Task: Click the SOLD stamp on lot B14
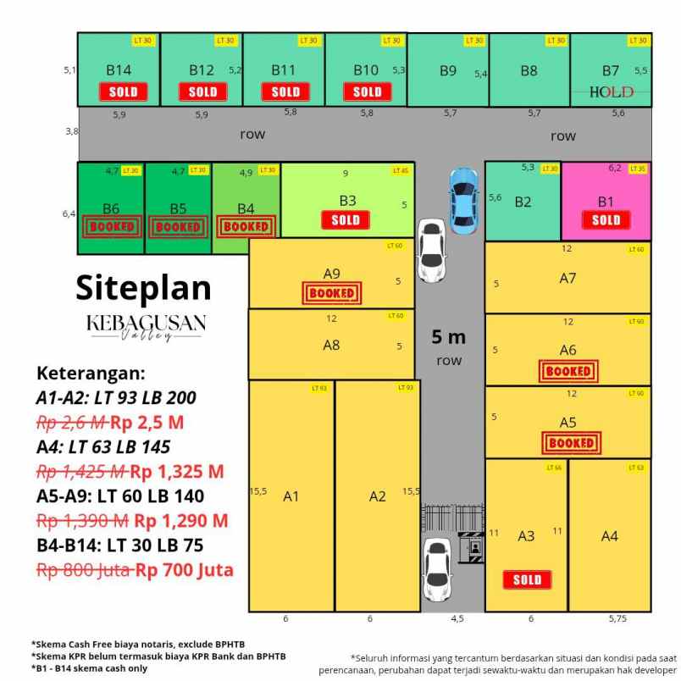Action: (123, 91)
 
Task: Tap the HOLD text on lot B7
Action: (611, 91)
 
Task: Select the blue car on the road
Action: (463, 200)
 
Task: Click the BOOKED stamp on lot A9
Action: (332, 293)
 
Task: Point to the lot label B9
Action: (448, 71)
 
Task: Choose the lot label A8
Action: (331, 345)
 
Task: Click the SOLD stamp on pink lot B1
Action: (606, 220)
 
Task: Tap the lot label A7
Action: (567, 278)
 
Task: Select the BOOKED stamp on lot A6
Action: (568, 371)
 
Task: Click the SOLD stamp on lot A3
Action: (527, 580)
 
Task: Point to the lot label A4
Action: (609, 535)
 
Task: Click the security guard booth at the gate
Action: (471, 548)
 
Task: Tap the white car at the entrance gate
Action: (437, 566)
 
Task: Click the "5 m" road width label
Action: (448, 337)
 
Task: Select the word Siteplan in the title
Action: (143, 287)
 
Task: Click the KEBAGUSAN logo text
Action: (146, 323)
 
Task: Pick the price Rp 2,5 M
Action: (149, 422)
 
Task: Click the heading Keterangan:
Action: (91, 374)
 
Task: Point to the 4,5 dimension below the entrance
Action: (457, 619)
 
